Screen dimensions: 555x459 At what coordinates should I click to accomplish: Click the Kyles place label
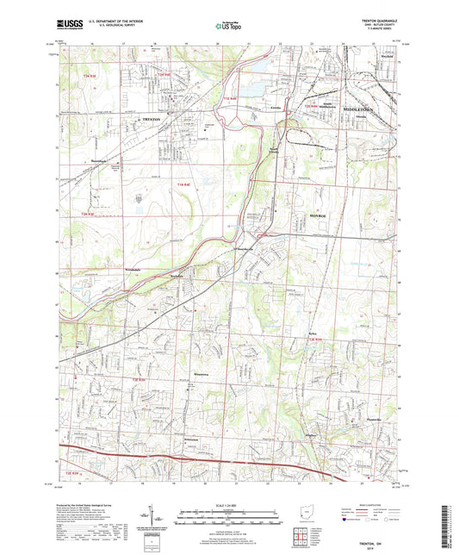(x=313, y=334)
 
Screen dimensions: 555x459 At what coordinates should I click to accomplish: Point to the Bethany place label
(x=314, y=435)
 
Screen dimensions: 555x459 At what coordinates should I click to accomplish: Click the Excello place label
(x=277, y=108)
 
